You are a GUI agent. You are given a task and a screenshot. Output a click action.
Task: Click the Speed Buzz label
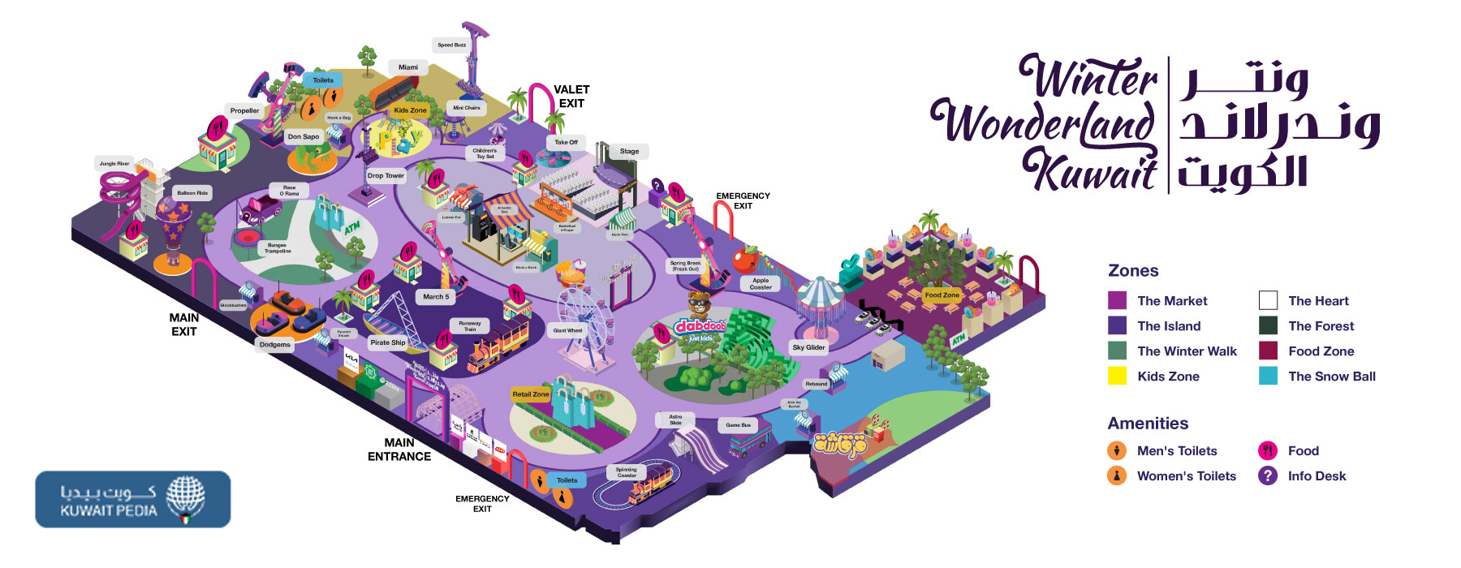pyautogui.click(x=452, y=45)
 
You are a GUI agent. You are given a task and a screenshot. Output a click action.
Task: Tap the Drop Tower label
pyautogui.click(x=386, y=175)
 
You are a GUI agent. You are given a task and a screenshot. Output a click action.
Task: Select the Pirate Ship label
pyautogui.click(x=387, y=342)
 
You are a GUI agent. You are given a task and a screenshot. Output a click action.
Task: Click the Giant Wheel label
pyautogui.click(x=567, y=330)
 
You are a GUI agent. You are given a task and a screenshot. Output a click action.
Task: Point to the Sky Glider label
pyautogui.click(x=808, y=347)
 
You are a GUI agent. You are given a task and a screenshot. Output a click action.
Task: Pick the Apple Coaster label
pyautogui.click(x=761, y=284)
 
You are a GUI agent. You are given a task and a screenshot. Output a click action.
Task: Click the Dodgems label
pyautogui.click(x=274, y=345)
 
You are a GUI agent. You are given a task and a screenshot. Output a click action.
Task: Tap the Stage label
pyautogui.click(x=629, y=151)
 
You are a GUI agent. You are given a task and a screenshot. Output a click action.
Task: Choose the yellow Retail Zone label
pyautogui.click(x=531, y=394)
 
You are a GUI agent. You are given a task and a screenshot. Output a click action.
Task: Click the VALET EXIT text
pyautogui.click(x=571, y=96)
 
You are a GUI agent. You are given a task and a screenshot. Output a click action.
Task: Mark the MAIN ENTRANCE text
pyautogui.click(x=399, y=450)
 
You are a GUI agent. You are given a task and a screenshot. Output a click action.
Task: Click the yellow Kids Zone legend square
pyautogui.click(x=1118, y=376)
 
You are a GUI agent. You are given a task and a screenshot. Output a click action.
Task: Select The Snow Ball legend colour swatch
pyautogui.click(x=1268, y=376)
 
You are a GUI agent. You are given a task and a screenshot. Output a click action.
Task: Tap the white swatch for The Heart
pyautogui.click(x=1268, y=300)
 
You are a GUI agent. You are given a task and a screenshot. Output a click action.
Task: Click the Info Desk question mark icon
pyautogui.click(x=1268, y=475)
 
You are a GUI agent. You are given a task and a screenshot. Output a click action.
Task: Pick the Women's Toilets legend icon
pyautogui.click(x=1117, y=475)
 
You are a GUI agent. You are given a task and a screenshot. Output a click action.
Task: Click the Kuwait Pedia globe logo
pyautogui.click(x=185, y=498)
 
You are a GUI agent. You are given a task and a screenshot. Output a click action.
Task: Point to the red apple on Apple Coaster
pyautogui.click(x=744, y=260)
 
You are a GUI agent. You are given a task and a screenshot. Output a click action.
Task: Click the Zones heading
pyautogui.click(x=1133, y=271)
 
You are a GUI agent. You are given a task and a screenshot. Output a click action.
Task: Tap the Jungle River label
pyautogui.click(x=114, y=163)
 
